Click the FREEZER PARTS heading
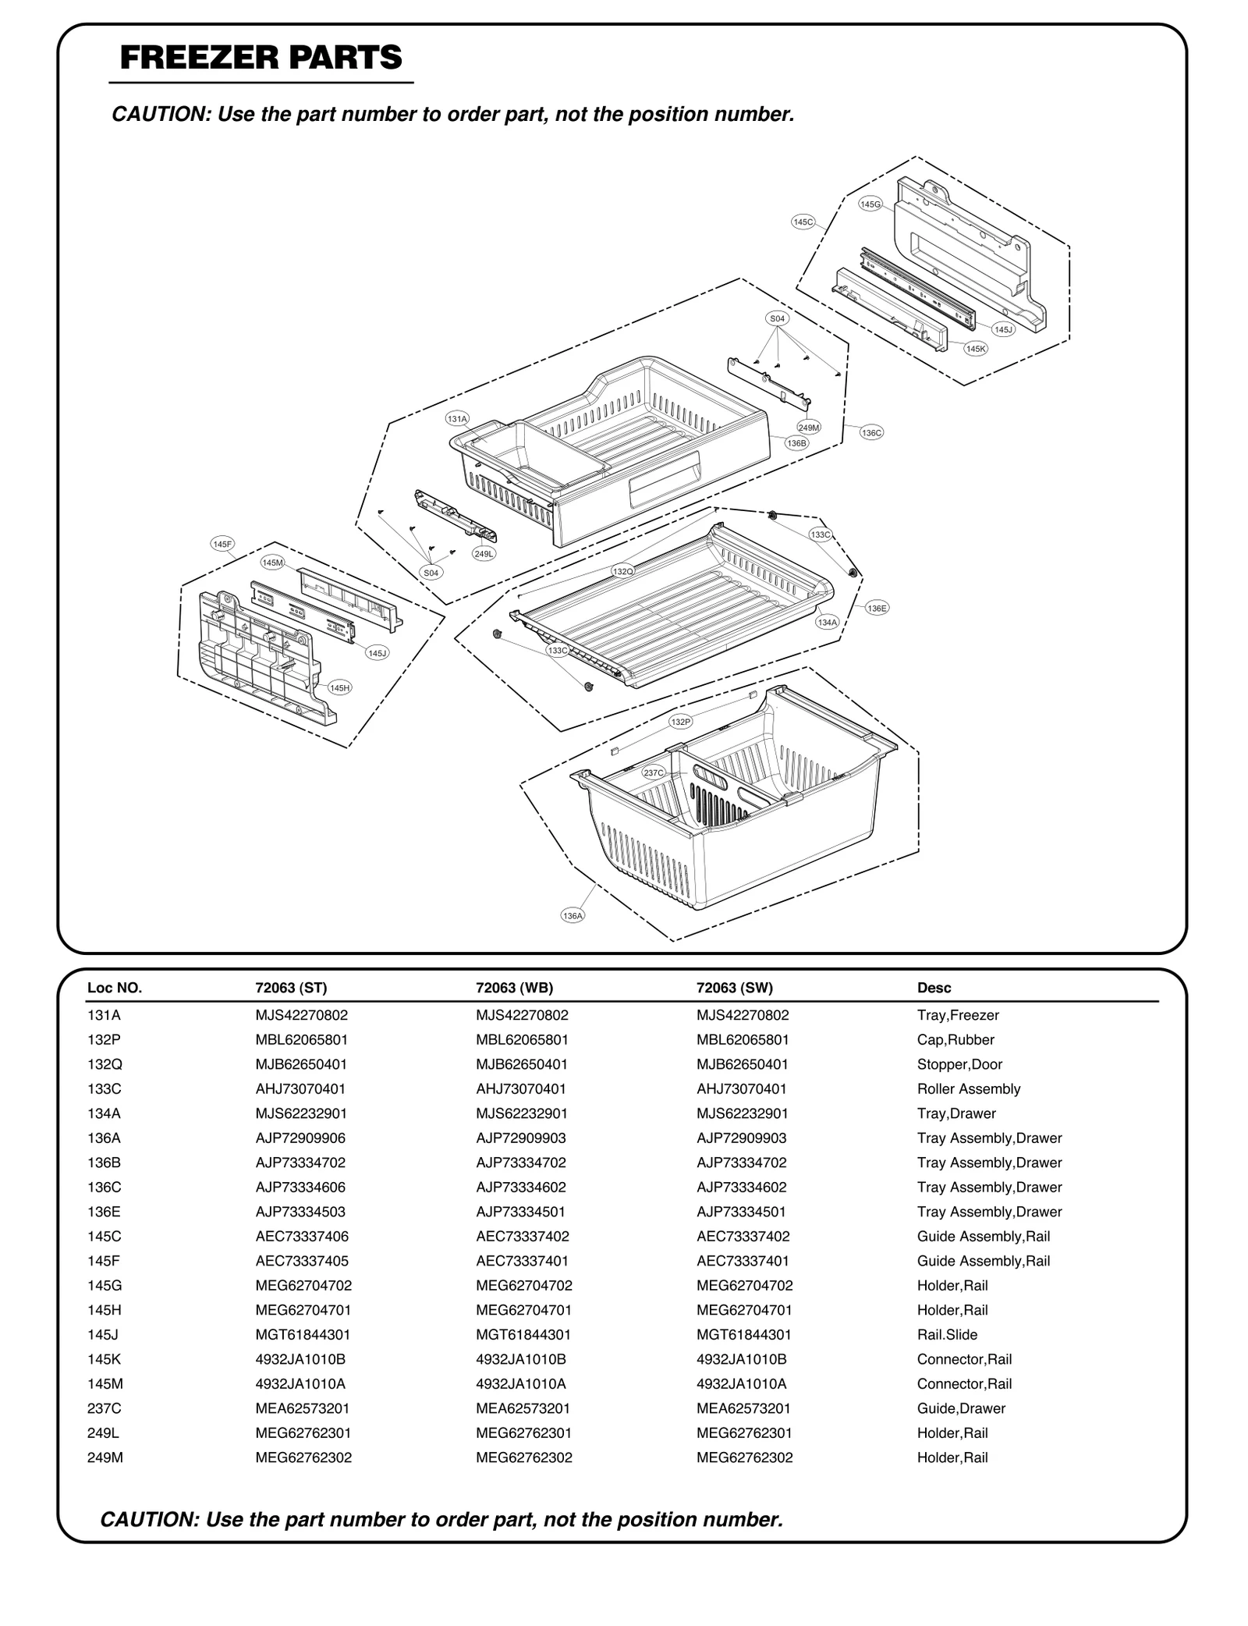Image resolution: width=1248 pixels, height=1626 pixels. click(261, 59)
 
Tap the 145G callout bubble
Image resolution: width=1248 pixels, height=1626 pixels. click(870, 204)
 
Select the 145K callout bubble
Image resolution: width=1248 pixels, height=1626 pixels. click(975, 349)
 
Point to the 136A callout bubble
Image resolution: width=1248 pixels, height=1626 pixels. click(573, 915)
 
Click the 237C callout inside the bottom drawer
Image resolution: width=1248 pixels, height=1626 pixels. click(654, 772)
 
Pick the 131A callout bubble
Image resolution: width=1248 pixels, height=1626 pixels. click(457, 419)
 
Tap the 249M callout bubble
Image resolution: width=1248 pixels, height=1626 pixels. click(809, 428)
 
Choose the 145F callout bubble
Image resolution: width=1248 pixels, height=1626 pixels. click(222, 544)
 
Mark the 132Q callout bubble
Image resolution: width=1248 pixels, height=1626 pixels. click(622, 571)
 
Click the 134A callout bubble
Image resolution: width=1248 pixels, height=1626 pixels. click(827, 622)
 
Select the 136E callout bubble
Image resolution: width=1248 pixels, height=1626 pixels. click(877, 608)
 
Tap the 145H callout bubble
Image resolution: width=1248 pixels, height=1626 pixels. click(339, 687)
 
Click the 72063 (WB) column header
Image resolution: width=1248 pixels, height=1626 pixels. click(514, 988)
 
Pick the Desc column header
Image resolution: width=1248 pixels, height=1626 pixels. click(934, 988)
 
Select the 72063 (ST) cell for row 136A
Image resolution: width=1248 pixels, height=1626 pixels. click(300, 1138)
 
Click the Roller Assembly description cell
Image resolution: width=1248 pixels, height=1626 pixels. click(968, 1089)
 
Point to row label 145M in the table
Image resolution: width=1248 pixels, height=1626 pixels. click(105, 1384)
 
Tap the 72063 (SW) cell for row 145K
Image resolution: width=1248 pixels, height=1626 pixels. click(741, 1359)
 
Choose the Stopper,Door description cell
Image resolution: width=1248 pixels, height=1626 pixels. click(959, 1064)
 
